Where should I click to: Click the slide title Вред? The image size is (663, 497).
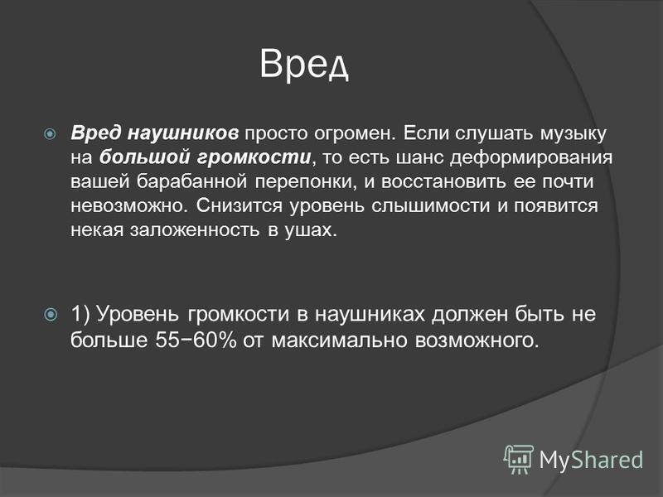[304, 65]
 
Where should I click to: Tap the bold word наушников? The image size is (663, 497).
[182, 133]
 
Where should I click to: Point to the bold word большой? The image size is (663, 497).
[146, 157]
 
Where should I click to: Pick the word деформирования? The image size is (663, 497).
[531, 158]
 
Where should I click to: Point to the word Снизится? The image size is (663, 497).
[240, 205]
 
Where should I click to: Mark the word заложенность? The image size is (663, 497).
[195, 231]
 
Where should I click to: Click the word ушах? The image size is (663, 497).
[311, 231]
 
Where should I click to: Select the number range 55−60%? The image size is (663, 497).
[196, 340]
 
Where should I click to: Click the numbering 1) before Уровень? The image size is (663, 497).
[80, 315]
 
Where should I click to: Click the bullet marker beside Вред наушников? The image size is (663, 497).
[50, 134]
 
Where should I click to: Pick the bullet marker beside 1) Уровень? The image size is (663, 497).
[51, 315]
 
